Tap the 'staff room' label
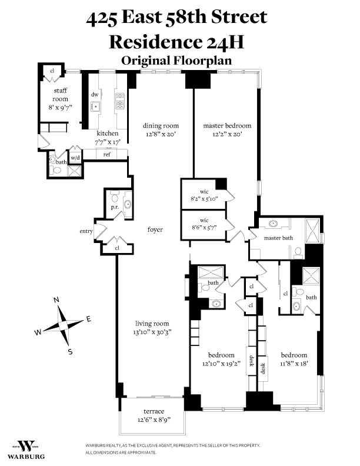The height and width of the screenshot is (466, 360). [x=60, y=91]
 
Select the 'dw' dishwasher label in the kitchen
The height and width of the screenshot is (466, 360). [x=95, y=95]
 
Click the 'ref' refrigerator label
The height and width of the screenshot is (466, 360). [x=107, y=154]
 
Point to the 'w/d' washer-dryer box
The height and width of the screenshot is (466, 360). [x=76, y=158]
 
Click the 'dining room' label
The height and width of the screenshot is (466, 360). [x=161, y=126]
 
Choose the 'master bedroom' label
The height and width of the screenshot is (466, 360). [x=227, y=126]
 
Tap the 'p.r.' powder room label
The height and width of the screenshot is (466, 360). [x=114, y=208]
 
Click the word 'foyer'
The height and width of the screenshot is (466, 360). [x=155, y=229]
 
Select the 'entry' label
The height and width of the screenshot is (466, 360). [x=86, y=231]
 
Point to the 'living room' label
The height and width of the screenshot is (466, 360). [x=152, y=323]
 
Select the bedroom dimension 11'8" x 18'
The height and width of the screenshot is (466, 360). [x=294, y=364]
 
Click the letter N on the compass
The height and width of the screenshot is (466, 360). [x=56, y=300]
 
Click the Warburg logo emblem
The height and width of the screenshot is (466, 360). [x=25, y=445]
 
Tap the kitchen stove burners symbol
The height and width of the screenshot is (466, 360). [x=120, y=102]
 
